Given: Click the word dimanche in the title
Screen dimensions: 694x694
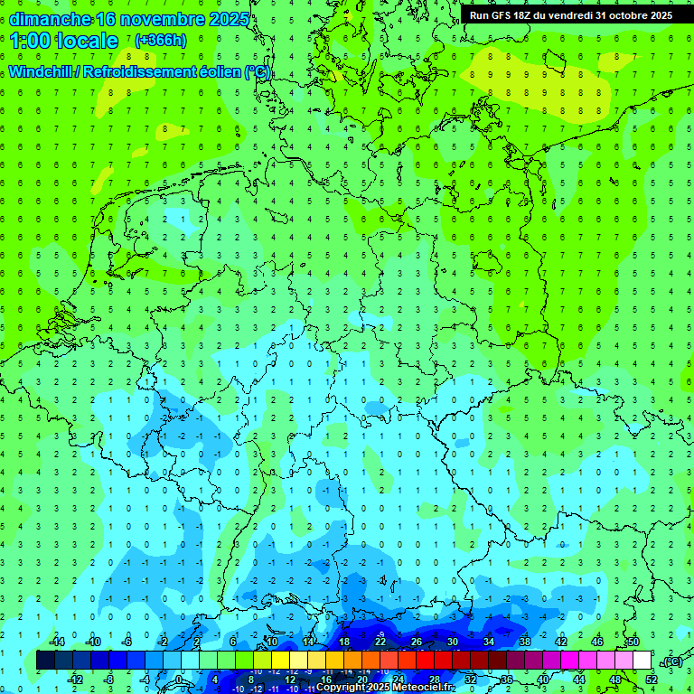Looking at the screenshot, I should pos(49,19).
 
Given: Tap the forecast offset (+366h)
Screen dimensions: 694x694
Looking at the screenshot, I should pos(160,41).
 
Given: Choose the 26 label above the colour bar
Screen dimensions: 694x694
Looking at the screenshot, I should pos(417,642).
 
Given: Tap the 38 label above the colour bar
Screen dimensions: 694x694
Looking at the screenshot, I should pos(525,642).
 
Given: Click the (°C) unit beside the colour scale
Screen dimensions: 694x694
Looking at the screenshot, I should pos(671,661).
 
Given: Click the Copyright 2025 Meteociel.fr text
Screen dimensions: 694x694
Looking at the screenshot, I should pos(385,688).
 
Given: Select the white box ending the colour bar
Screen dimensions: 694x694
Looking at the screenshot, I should pos(642,661).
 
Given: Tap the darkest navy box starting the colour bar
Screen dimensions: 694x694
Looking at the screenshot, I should pos(45,661).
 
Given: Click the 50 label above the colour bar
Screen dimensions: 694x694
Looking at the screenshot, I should pos(633,642).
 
